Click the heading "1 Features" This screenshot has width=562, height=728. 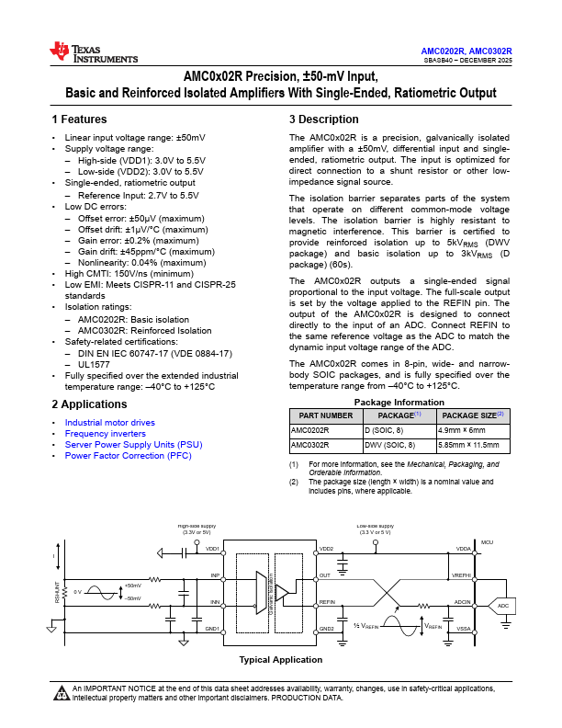79,119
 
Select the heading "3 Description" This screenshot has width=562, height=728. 324,119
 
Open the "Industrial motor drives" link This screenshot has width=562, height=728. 109,423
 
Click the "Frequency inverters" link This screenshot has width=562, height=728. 105,434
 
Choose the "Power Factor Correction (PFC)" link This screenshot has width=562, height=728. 128,456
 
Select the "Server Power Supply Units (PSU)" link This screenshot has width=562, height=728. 133,445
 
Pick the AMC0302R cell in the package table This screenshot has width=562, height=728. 309,445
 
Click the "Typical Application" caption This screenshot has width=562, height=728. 281,659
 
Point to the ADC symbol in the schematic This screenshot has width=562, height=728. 503,607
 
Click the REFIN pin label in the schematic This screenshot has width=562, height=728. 327,602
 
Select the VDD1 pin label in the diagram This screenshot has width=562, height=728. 212,549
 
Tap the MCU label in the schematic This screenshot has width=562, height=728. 487,542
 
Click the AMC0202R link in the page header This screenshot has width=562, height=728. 443,51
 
